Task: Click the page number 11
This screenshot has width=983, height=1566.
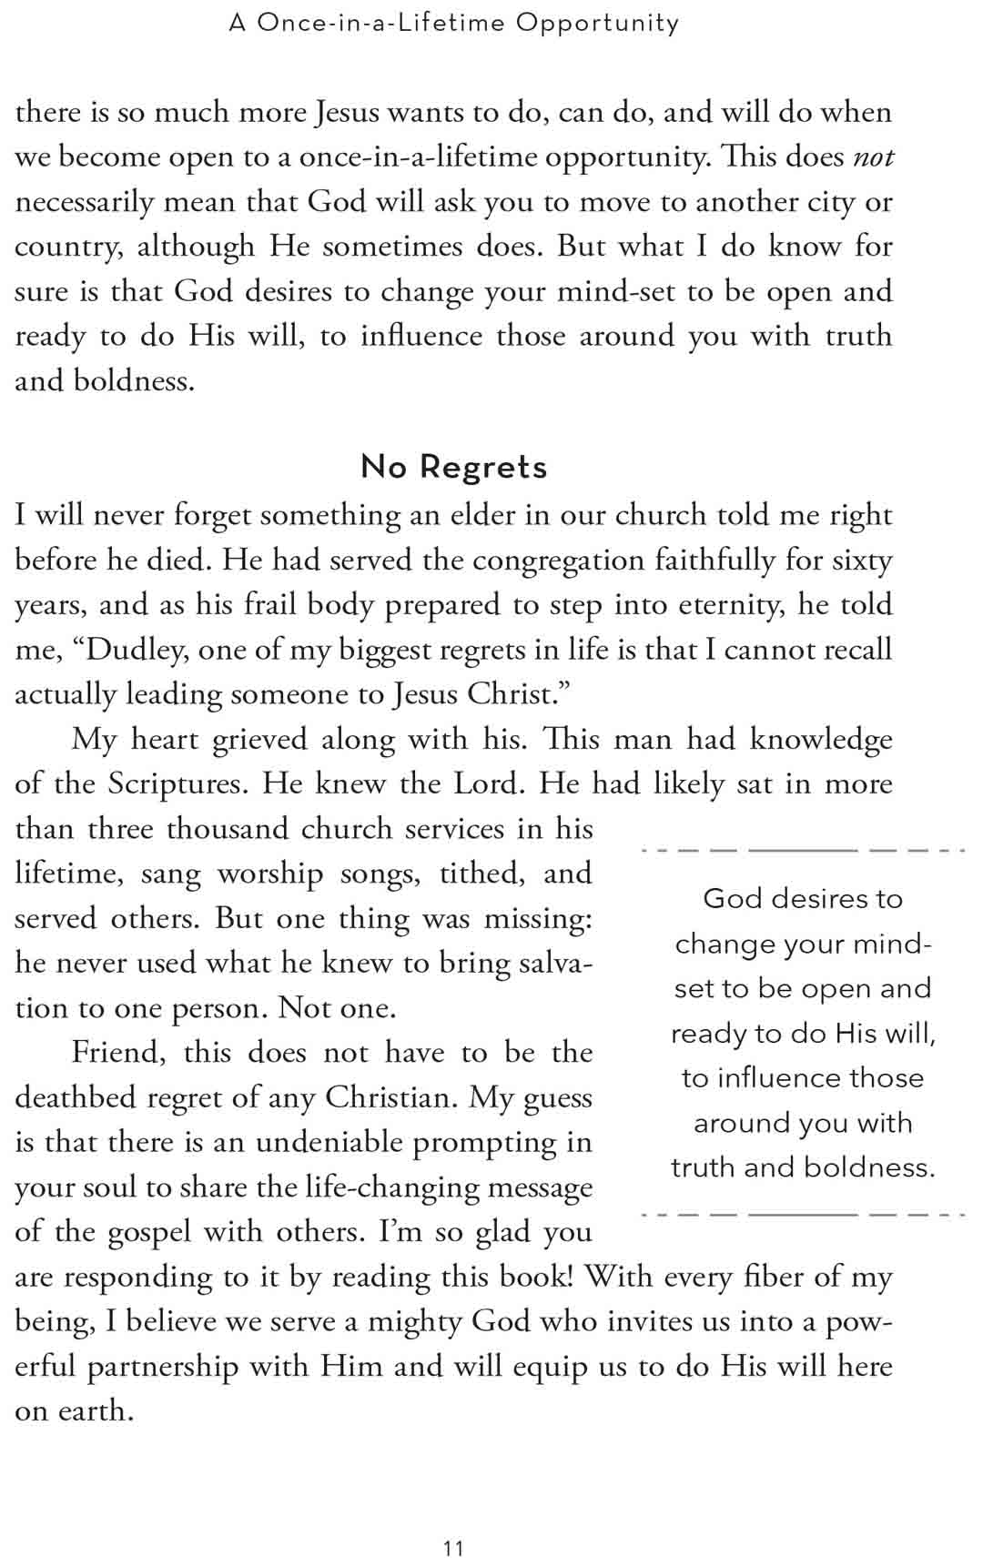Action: point(453,1549)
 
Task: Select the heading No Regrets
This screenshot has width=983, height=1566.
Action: point(454,467)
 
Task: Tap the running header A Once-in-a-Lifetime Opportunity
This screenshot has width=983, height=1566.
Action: point(454,23)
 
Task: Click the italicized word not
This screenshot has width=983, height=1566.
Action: point(873,157)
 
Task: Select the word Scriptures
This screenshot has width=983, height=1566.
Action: point(177,784)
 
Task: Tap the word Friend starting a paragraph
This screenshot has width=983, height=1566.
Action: point(118,1053)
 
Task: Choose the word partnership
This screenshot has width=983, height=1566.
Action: point(163,1367)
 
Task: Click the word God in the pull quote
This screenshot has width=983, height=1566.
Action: point(732,899)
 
